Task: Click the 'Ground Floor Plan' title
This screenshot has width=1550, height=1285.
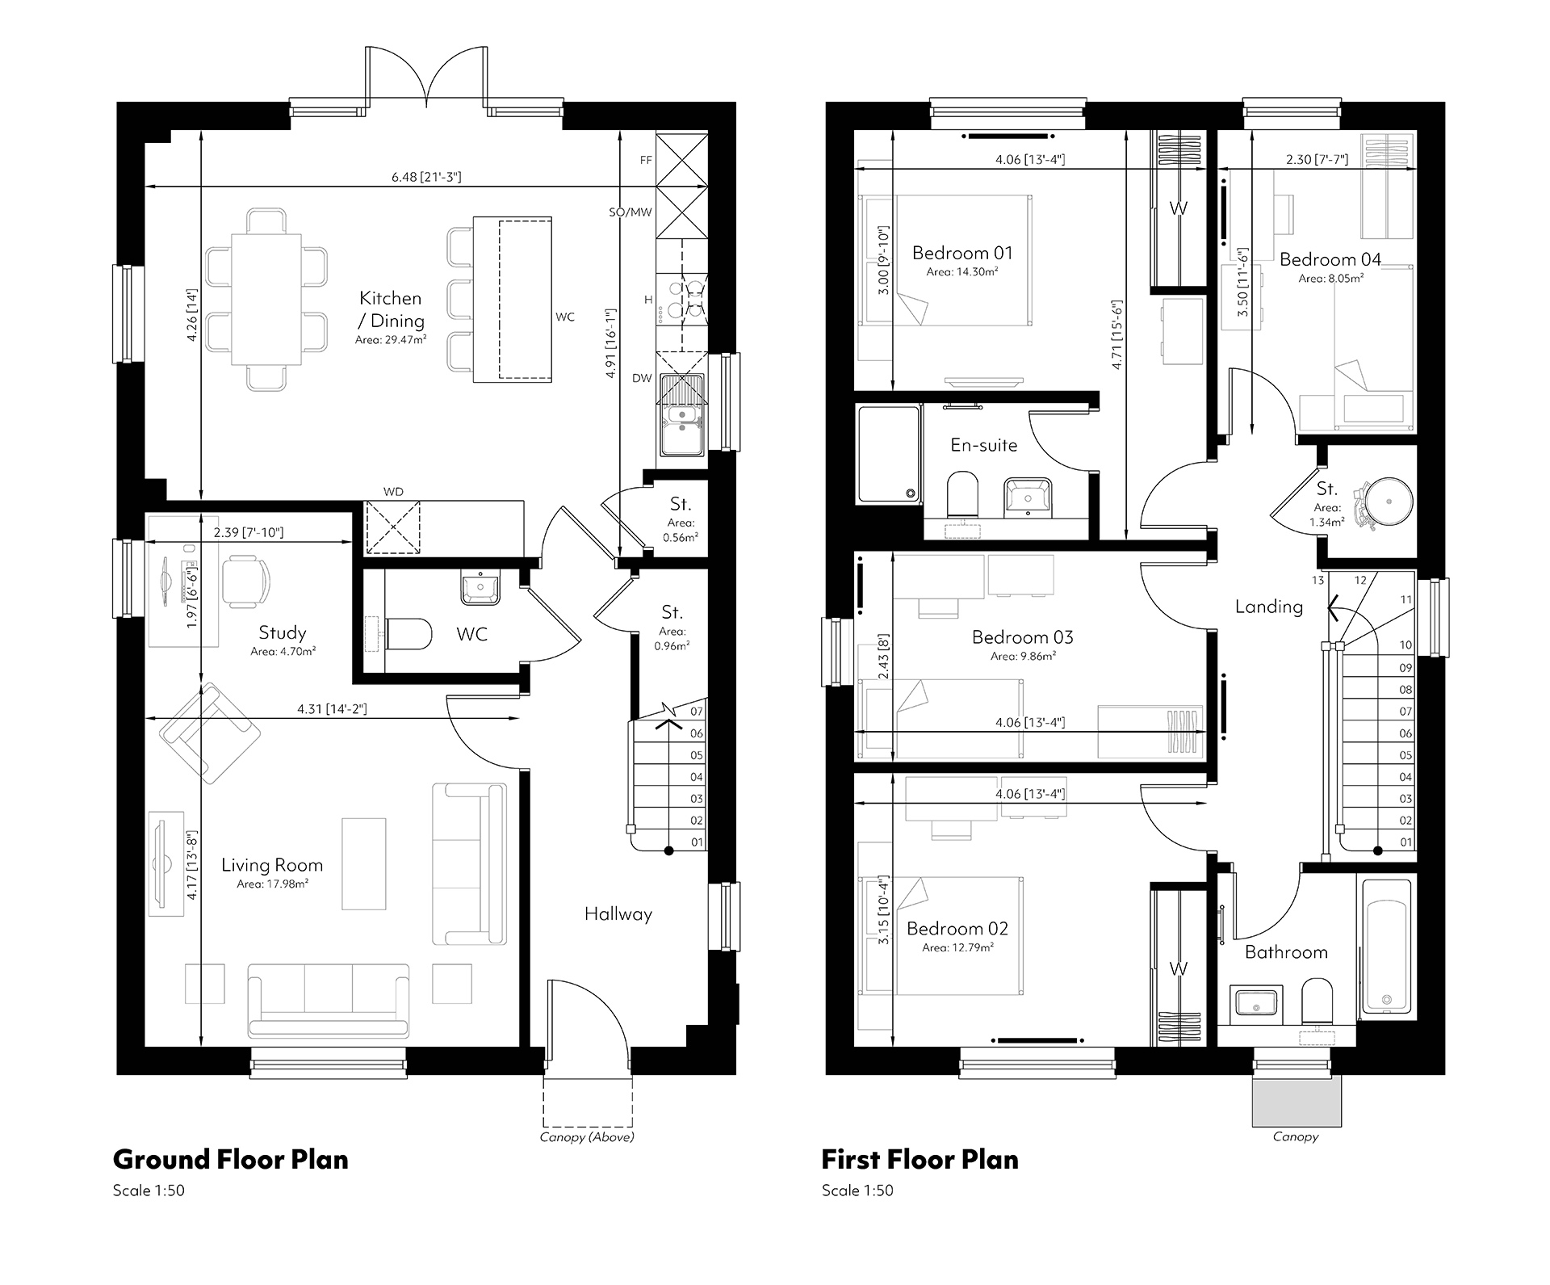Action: pos(231,1160)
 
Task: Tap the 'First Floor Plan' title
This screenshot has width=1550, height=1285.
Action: pos(920,1160)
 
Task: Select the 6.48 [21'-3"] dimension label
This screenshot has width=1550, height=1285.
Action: pos(426,177)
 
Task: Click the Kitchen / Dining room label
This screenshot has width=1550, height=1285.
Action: pos(391,309)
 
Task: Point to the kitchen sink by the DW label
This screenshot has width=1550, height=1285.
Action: pos(682,415)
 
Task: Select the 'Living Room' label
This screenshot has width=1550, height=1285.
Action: pos(272,865)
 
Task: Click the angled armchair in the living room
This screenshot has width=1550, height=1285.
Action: pos(210,733)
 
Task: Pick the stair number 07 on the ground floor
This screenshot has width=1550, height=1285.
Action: pos(697,712)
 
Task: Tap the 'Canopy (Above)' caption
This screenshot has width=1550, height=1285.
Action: pos(587,1137)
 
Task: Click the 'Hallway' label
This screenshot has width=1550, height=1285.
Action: pos(618,914)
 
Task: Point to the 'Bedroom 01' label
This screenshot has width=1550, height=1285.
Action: pos(962,253)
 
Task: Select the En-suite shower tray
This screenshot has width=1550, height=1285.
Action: pos(889,455)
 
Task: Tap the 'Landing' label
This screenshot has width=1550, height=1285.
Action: pos(1269,607)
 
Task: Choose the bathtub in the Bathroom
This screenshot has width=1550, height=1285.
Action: pos(1387,945)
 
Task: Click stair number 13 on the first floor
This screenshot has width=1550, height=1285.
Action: pos(1318,580)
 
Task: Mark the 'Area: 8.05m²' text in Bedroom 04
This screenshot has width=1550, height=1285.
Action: pos(1331,279)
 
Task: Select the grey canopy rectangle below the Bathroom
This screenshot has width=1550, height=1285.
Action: pos(1297,1101)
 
